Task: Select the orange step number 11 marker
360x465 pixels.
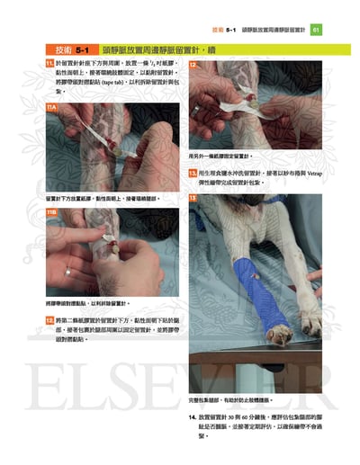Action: [x=50, y=64]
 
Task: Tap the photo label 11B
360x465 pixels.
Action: [x=52, y=212]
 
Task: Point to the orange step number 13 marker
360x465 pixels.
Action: [x=193, y=173]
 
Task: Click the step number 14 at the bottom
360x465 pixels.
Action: [x=193, y=417]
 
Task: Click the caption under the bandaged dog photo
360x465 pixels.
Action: [x=231, y=398]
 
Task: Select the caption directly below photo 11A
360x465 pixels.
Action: [x=100, y=197]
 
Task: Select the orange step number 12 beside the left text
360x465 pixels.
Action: [x=50, y=319]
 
